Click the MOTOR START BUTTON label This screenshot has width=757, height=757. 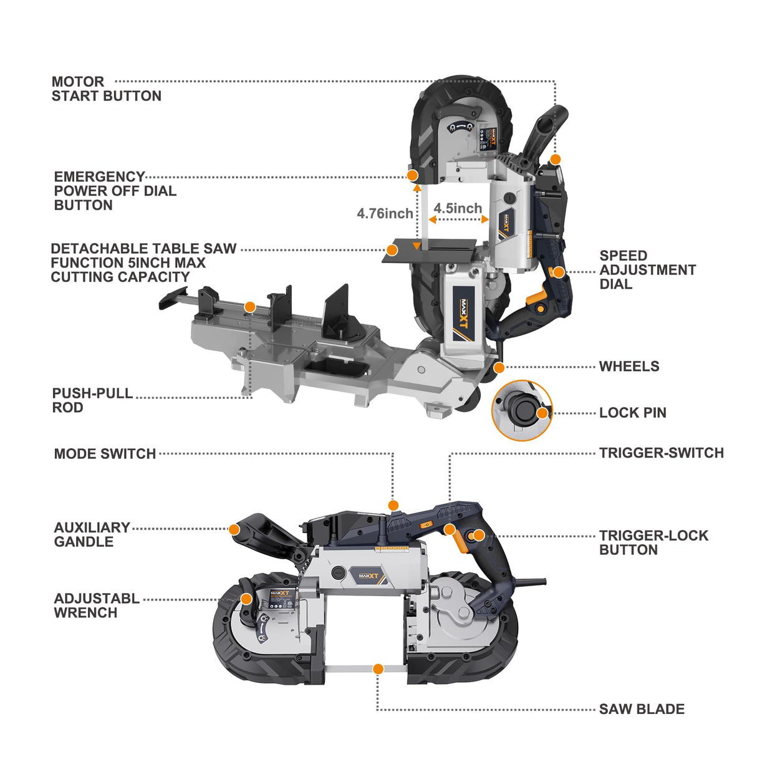click(106, 89)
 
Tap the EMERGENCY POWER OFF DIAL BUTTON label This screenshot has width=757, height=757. click(115, 191)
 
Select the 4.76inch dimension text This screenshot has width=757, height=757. click(385, 213)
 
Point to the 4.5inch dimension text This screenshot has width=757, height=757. click(458, 208)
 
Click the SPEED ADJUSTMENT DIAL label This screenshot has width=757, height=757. click(647, 270)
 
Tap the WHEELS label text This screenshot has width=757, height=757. click(629, 367)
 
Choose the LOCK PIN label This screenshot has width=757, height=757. click(632, 413)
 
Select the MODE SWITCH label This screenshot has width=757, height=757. click(105, 454)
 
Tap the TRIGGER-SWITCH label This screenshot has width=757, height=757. click(661, 453)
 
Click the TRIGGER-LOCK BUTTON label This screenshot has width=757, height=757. click(653, 542)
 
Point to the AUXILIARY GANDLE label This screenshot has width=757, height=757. click(92, 534)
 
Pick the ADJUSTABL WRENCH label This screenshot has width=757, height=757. click(96, 605)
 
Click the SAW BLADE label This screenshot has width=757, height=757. click(642, 709)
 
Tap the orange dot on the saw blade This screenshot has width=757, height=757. click(377, 669)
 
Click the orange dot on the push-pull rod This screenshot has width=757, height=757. click(249, 307)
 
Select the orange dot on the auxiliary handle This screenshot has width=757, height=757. click(234, 529)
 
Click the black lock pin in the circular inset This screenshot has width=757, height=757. click(521, 410)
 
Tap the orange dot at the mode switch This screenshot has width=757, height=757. click(393, 505)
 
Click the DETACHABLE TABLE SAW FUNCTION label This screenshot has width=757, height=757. click(143, 263)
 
